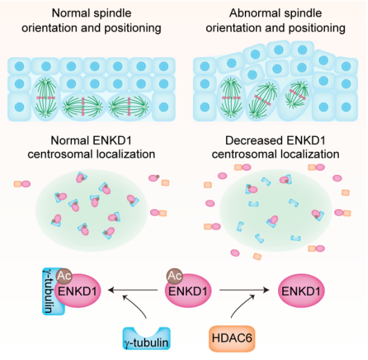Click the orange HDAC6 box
[x=232, y=339]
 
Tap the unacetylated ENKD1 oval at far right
[x=301, y=291]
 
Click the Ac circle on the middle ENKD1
[x=175, y=276]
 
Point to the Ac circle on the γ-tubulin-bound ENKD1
[x=64, y=276]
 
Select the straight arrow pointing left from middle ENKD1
[x=133, y=290]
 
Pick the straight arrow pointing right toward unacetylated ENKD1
[x=244, y=290]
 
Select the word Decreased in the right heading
[x=254, y=141]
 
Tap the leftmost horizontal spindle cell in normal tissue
[x=82, y=106]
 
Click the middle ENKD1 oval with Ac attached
[x=188, y=291]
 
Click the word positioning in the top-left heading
[x=133, y=28]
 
